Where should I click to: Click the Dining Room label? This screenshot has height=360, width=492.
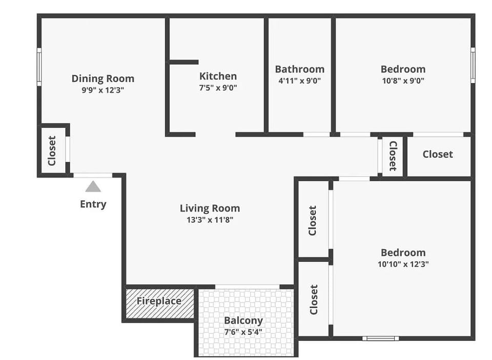tap(102, 78)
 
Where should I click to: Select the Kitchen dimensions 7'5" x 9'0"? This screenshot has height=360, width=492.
tap(218, 88)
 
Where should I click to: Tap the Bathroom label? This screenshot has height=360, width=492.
tap(299, 69)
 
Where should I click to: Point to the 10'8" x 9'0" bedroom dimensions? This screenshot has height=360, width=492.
tap(403, 80)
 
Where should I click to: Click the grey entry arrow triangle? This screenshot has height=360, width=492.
tap(93, 186)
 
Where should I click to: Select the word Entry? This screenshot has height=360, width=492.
tap(93, 204)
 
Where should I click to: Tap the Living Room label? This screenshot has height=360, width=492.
tap(210, 208)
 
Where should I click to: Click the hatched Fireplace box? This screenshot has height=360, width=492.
tap(159, 303)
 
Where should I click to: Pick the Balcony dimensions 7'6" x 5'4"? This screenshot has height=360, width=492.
tap(243, 331)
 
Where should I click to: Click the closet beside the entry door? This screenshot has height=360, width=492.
tap(52, 151)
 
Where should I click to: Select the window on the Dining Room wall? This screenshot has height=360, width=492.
tap(39, 66)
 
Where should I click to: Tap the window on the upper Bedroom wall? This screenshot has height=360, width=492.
tap(473, 65)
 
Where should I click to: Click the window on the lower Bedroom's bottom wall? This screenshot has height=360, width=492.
tap(380, 338)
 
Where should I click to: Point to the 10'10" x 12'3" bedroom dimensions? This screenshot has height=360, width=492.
tap(403, 265)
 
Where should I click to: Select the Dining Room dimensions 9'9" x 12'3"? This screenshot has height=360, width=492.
tap(102, 90)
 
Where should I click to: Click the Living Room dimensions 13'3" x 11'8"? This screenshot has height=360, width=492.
tap(210, 220)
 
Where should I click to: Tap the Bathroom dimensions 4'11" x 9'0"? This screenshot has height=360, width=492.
tap(299, 80)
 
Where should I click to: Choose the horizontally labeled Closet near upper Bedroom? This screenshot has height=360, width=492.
tap(438, 154)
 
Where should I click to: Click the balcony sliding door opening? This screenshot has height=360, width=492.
tap(247, 286)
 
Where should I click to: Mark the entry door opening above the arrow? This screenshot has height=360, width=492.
tap(93, 175)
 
